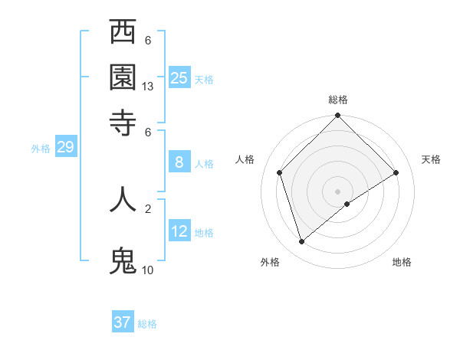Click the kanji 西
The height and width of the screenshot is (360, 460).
123,33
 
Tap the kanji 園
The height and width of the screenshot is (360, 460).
123,77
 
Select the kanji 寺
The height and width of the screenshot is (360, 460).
123,121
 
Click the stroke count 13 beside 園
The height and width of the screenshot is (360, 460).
148,87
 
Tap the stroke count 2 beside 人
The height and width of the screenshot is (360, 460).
148,208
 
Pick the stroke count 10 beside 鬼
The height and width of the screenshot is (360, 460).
148,270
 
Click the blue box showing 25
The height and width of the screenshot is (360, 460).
179,77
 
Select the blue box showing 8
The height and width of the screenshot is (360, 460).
179,162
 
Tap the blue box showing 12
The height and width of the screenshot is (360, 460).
179,231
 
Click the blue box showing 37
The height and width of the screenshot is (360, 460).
122,322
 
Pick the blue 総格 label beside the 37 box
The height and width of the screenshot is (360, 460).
147,324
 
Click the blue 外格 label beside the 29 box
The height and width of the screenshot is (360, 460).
41,149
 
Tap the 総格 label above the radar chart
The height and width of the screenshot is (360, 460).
338,100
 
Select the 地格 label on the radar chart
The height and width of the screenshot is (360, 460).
402,262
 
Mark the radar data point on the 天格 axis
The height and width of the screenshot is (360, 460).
396,172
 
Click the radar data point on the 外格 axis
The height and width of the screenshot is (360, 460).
301,242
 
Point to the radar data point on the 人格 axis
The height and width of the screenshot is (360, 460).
279,172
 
